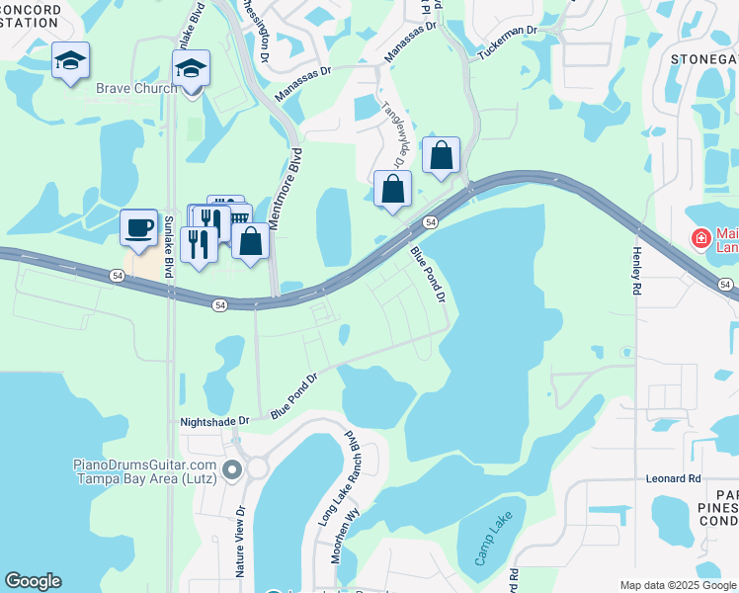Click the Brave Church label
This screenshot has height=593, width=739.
click(x=136, y=88)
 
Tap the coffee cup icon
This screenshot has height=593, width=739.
click(x=138, y=228)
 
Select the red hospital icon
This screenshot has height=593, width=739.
click(x=700, y=238)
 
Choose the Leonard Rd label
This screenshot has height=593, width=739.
click(x=675, y=478)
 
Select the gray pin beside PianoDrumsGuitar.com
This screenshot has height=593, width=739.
click(x=232, y=469)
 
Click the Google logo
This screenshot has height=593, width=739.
click(x=33, y=581)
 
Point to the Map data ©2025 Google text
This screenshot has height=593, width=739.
click(x=678, y=585)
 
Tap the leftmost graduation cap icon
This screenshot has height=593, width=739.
click(x=70, y=60)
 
